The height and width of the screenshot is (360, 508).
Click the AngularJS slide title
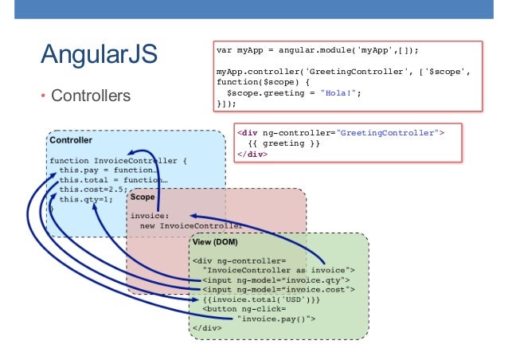click(x=100, y=57)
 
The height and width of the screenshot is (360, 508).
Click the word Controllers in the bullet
click(x=90, y=97)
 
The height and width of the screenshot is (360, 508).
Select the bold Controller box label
click(x=70, y=140)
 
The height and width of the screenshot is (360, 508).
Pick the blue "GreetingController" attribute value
click(x=391, y=132)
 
